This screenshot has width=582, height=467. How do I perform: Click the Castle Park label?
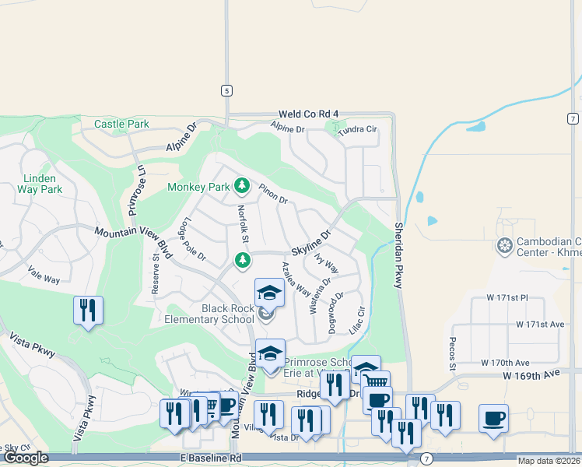click(121, 124)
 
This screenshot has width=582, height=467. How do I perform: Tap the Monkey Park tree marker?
click(242, 186)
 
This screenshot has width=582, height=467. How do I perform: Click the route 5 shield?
click(226, 90)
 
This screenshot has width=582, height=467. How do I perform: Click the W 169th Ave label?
click(531, 374)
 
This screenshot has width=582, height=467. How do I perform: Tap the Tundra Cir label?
click(357, 130)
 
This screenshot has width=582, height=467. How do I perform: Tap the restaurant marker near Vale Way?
click(88, 311)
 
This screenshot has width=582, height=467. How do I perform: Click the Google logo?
click(26, 458)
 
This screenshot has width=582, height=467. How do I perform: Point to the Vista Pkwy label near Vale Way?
click(33, 346)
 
